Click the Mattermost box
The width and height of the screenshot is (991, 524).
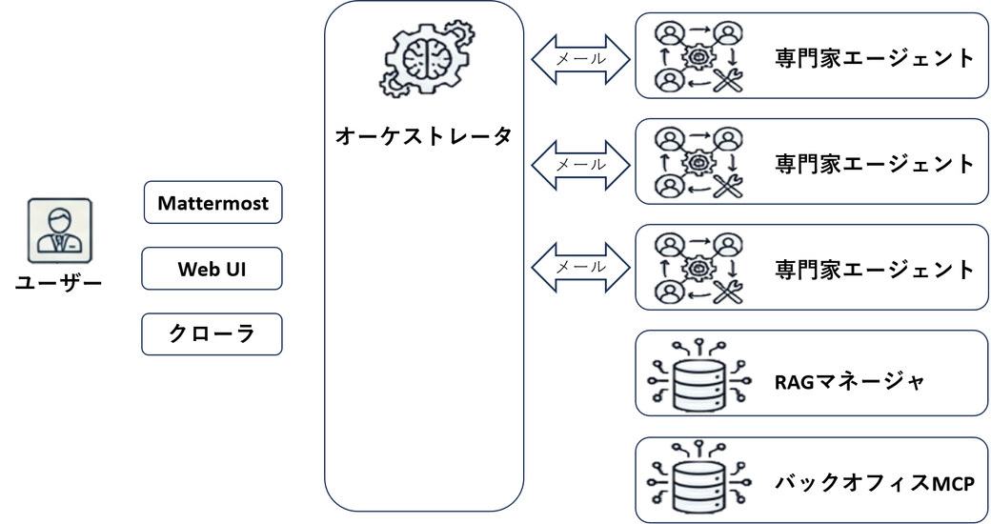click(213, 202)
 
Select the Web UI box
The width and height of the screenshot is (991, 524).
click(212, 269)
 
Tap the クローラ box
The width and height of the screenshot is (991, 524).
click(212, 334)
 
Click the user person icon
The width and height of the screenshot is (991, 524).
click(60, 230)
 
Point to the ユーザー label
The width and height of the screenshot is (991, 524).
click(59, 283)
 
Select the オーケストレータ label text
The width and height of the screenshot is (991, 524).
click(423, 136)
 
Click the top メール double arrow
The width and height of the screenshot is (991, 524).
click(581, 59)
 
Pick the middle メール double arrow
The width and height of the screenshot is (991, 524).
click(581, 165)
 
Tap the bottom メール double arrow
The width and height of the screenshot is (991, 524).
click(581, 268)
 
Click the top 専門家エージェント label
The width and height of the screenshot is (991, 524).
click(875, 58)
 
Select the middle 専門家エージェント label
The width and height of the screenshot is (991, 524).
click(875, 164)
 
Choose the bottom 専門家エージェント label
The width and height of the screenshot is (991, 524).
click(875, 270)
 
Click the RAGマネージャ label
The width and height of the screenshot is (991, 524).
click(850, 381)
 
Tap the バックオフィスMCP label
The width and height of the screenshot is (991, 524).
click(875, 483)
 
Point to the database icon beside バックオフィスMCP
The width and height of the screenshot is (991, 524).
click(699, 478)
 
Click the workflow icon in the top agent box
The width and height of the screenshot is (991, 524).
click(698, 57)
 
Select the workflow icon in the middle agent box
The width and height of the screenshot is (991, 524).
click(698, 163)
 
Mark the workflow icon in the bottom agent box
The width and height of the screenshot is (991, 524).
click(698, 269)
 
